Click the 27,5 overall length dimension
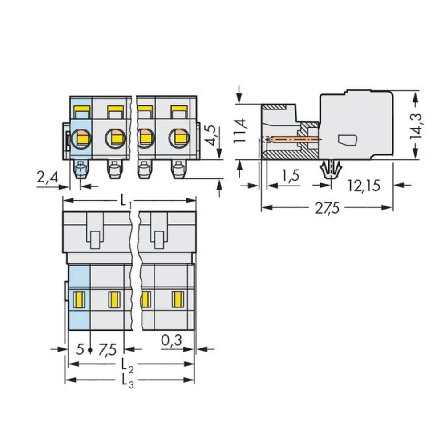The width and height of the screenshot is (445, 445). [327, 208]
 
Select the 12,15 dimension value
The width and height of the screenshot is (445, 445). [364, 186]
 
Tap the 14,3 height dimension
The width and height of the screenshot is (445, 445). [417, 125]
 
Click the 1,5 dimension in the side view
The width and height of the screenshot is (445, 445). [290, 176]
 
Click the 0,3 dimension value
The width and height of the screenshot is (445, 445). [171, 341]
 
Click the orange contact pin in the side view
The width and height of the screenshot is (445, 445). [291, 140]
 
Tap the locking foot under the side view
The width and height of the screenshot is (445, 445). [331, 170]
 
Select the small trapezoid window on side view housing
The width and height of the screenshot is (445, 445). [348, 140]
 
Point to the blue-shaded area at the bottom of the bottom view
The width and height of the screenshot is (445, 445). [79, 320]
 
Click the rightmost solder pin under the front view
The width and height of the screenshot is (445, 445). [178, 170]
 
